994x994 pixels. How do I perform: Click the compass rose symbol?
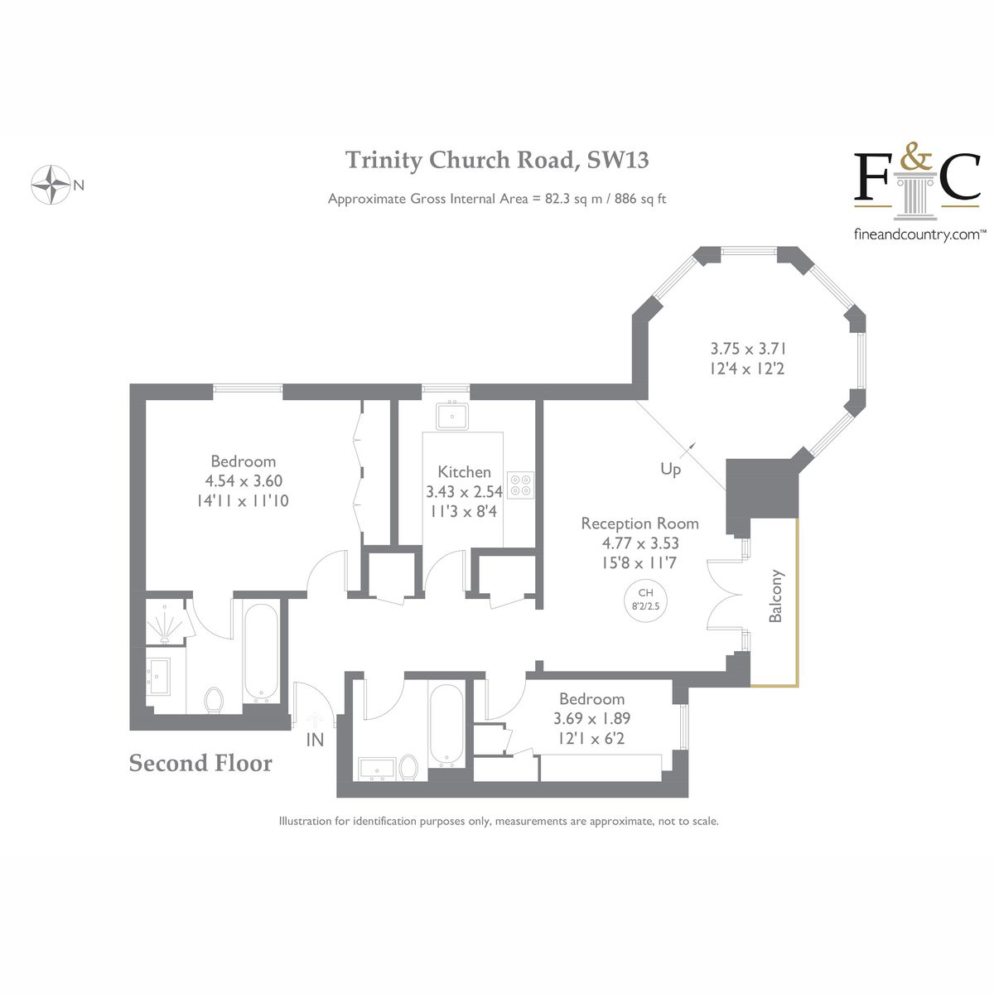pyautogui.click(x=50, y=185)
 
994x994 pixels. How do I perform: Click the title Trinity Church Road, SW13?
pyautogui.click(x=497, y=159)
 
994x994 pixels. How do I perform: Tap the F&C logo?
pyautogui.click(x=918, y=180)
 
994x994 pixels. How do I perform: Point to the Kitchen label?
pyautogui.click(x=464, y=471)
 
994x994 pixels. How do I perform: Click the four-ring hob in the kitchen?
pyautogui.click(x=521, y=485)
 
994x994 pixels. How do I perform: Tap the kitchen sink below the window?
pyautogui.click(x=452, y=415)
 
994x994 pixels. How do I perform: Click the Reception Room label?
pyautogui.click(x=639, y=524)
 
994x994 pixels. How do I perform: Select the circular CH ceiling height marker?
pyautogui.click(x=646, y=598)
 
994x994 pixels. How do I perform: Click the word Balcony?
pyautogui.click(x=776, y=596)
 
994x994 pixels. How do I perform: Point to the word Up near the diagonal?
pyautogui.click(x=670, y=470)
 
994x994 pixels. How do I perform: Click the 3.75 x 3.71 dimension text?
pyautogui.click(x=747, y=349)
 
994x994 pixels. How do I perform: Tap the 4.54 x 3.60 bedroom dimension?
pyautogui.click(x=244, y=481)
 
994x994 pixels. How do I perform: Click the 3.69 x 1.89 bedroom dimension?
pyautogui.click(x=591, y=718)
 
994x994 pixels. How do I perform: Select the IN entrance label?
pyautogui.click(x=315, y=740)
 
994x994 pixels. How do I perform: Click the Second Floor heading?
pyautogui.click(x=200, y=763)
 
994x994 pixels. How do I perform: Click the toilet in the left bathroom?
pyautogui.click(x=215, y=700)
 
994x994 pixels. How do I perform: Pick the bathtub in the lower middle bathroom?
pyautogui.click(x=446, y=726)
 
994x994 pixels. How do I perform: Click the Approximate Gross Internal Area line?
pyautogui.click(x=497, y=199)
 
